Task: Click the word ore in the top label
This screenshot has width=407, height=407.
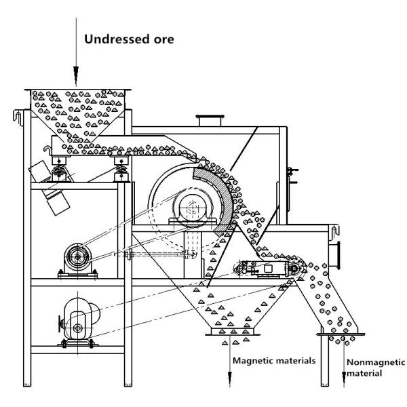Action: (163, 40)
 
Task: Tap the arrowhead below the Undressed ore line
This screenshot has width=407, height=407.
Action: (76, 76)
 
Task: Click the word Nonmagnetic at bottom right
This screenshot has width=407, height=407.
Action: (376, 362)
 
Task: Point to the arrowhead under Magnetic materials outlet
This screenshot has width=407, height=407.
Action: (230, 379)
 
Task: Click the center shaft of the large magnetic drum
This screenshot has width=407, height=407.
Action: (193, 207)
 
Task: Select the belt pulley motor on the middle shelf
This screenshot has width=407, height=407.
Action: (77, 258)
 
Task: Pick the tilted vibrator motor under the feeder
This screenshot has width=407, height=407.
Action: (50, 188)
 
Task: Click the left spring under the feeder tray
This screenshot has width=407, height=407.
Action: (59, 170)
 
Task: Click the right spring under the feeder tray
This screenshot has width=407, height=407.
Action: (121, 170)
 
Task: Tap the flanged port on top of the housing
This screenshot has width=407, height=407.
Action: (210, 120)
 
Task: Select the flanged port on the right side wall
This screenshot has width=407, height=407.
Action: (335, 255)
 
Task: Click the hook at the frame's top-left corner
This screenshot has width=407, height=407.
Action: (18, 117)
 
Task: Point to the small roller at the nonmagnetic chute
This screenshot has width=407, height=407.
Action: (293, 269)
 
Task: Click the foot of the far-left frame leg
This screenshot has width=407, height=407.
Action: (27, 384)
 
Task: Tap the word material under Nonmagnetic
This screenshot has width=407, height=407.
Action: (364, 374)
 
